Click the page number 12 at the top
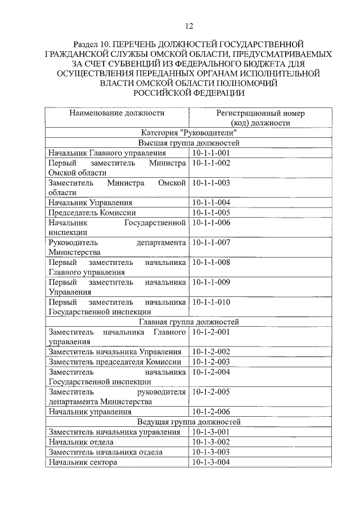click(188, 26)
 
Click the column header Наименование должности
click(117, 113)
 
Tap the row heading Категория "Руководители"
click(188, 133)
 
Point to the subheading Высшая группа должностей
click(188, 143)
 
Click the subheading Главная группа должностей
click(188, 322)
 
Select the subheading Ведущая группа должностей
click(188, 422)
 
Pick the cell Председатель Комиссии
click(92, 213)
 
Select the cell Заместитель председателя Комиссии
click(115, 362)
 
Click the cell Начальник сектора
click(83, 462)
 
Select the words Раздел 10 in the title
click(93, 43)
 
